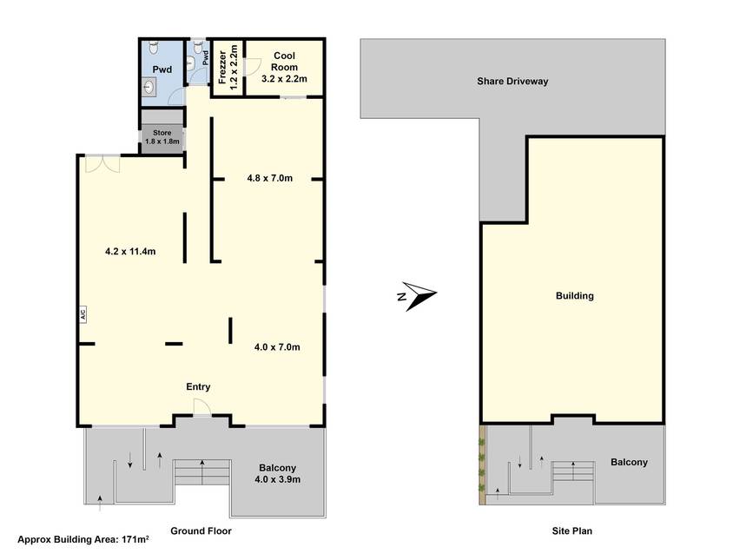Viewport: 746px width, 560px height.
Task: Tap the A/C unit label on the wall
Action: point(82,314)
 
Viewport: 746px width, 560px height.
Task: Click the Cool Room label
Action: point(284,62)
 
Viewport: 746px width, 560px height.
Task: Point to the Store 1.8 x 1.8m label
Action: point(162,137)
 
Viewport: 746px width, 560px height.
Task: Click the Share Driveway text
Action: point(512,82)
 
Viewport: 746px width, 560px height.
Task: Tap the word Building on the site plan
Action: point(575,296)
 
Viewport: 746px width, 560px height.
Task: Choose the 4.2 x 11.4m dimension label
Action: point(130,251)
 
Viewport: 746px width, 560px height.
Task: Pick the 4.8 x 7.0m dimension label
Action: point(270,178)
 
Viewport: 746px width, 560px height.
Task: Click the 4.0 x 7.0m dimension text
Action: point(277,346)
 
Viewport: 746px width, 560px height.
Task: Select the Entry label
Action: point(198,387)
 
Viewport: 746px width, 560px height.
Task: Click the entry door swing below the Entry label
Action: point(201,407)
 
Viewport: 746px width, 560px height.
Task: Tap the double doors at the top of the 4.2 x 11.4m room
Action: point(102,165)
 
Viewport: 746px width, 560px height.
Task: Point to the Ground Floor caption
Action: point(201,531)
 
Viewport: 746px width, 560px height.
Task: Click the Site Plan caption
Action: point(571,531)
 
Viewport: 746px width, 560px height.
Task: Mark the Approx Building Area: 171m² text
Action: point(83,539)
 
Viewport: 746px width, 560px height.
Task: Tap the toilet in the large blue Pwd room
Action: point(153,47)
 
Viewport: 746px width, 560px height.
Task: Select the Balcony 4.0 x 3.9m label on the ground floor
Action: point(277,473)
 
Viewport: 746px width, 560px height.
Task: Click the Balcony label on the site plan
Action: point(629,462)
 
